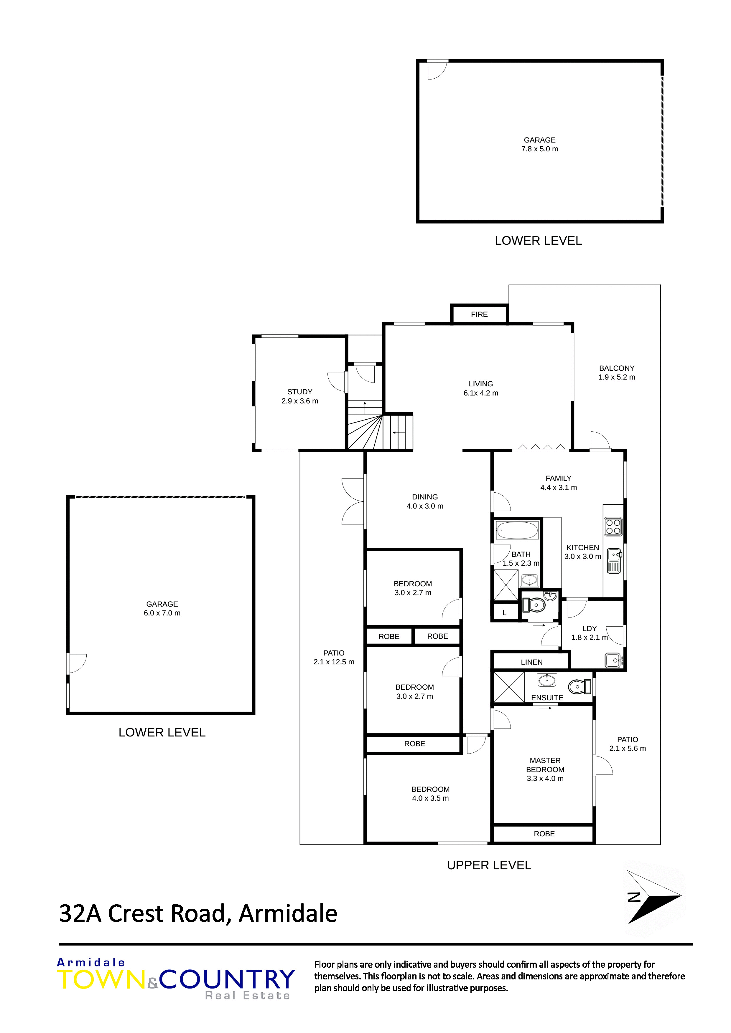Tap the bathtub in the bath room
coord(517,530)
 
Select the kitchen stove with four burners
coord(613,527)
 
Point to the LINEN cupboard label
coord(531,662)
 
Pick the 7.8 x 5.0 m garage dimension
coord(540,149)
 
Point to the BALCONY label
coord(617,368)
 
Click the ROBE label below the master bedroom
coord(544,834)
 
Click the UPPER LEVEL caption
coord(489,865)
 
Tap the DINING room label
coord(425,497)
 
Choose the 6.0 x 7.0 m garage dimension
coord(162,613)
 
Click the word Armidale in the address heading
coord(288,913)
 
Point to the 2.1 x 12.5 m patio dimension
coord(334,662)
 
